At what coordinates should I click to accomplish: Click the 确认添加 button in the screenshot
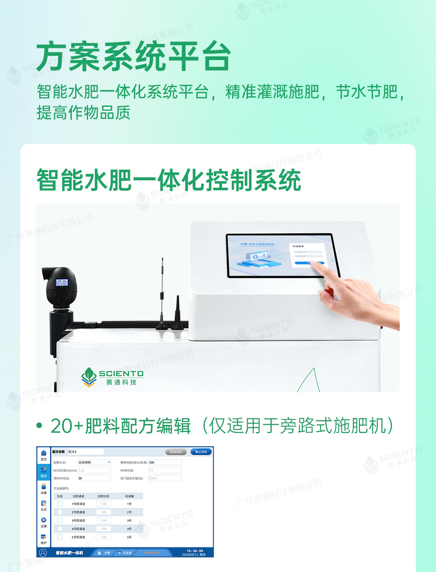coord(201,452)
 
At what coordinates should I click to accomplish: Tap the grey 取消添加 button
coord(176,452)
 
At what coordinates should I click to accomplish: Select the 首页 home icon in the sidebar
coord(44,455)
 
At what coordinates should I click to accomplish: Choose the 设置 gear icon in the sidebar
coord(44,522)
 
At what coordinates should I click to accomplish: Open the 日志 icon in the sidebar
coord(44,505)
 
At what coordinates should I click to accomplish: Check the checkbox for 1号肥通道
coord(60,504)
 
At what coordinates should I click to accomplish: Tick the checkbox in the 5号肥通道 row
coord(60,537)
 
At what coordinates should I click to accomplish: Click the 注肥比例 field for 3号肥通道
coord(103,520)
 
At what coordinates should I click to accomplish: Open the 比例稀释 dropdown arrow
coord(109,462)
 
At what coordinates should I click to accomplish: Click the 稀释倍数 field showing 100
coord(165,462)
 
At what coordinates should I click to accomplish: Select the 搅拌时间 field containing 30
coord(94,478)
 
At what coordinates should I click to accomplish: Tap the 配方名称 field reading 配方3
coord(85,452)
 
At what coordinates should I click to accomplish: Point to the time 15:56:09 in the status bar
coord(195,551)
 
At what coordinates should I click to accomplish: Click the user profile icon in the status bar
coord(43,553)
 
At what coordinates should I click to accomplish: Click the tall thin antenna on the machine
coord(162,290)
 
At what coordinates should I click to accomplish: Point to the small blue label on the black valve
coord(62,283)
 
